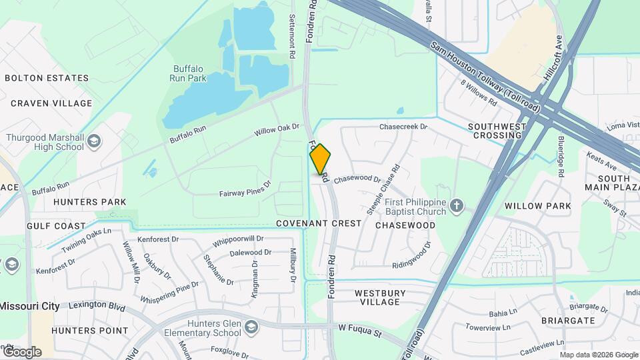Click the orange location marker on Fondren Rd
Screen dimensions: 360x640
(321, 159)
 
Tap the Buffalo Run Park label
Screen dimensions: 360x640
(190, 73)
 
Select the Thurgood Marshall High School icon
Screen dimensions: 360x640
(94, 141)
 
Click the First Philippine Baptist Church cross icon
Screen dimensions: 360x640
(456, 205)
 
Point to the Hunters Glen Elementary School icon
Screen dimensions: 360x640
(251, 327)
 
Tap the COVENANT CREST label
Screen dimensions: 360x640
(318, 223)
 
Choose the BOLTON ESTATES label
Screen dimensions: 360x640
(47, 78)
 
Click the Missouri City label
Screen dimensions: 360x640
(29, 306)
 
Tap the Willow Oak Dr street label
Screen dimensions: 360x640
(277, 129)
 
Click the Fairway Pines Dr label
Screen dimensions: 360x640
(245, 189)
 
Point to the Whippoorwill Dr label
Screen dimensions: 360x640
(238, 239)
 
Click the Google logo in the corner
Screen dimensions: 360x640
(21, 351)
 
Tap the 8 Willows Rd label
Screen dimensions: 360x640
(479, 93)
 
